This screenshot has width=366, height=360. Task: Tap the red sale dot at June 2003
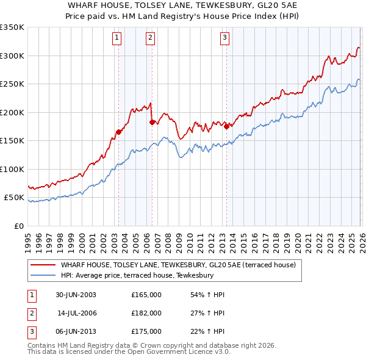click(118, 132)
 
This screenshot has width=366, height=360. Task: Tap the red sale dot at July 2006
click(151, 122)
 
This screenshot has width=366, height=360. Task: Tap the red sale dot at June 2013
click(226, 126)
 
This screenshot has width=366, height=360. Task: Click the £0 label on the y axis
click(18, 226)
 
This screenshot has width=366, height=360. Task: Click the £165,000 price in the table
click(146, 295)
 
